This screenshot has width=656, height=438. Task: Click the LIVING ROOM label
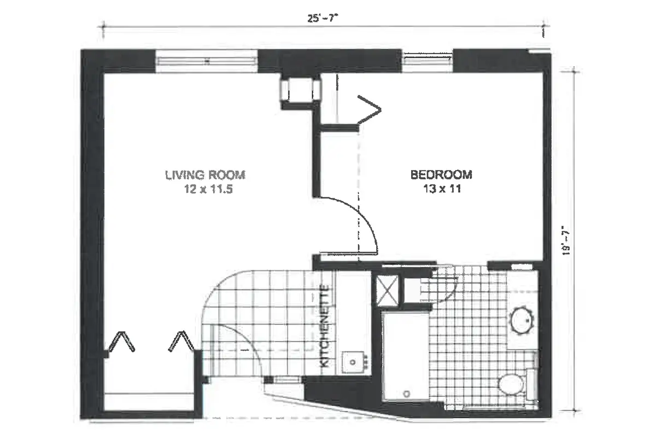click(x=205, y=175)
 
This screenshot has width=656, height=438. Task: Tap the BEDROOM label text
click(x=441, y=175)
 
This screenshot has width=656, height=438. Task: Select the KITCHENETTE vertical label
click(x=324, y=326)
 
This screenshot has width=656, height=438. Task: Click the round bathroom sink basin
click(x=523, y=320)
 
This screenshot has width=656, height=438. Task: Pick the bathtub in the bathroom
click(x=405, y=356)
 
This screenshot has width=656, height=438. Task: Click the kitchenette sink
click(x=354, y=361)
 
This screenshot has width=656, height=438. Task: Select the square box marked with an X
click(x=385, y=287)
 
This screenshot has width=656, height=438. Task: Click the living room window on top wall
click(x=207, y=61)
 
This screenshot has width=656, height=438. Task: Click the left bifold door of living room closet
click(x=121, y=342)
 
